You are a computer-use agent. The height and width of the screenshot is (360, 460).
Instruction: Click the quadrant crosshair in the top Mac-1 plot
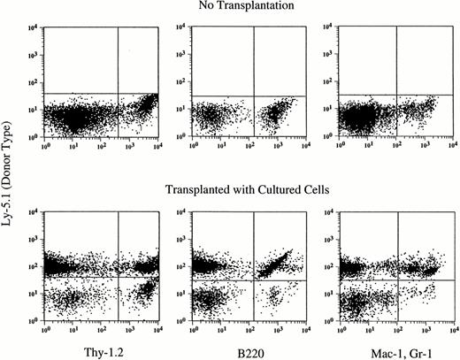click(395, 95)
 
